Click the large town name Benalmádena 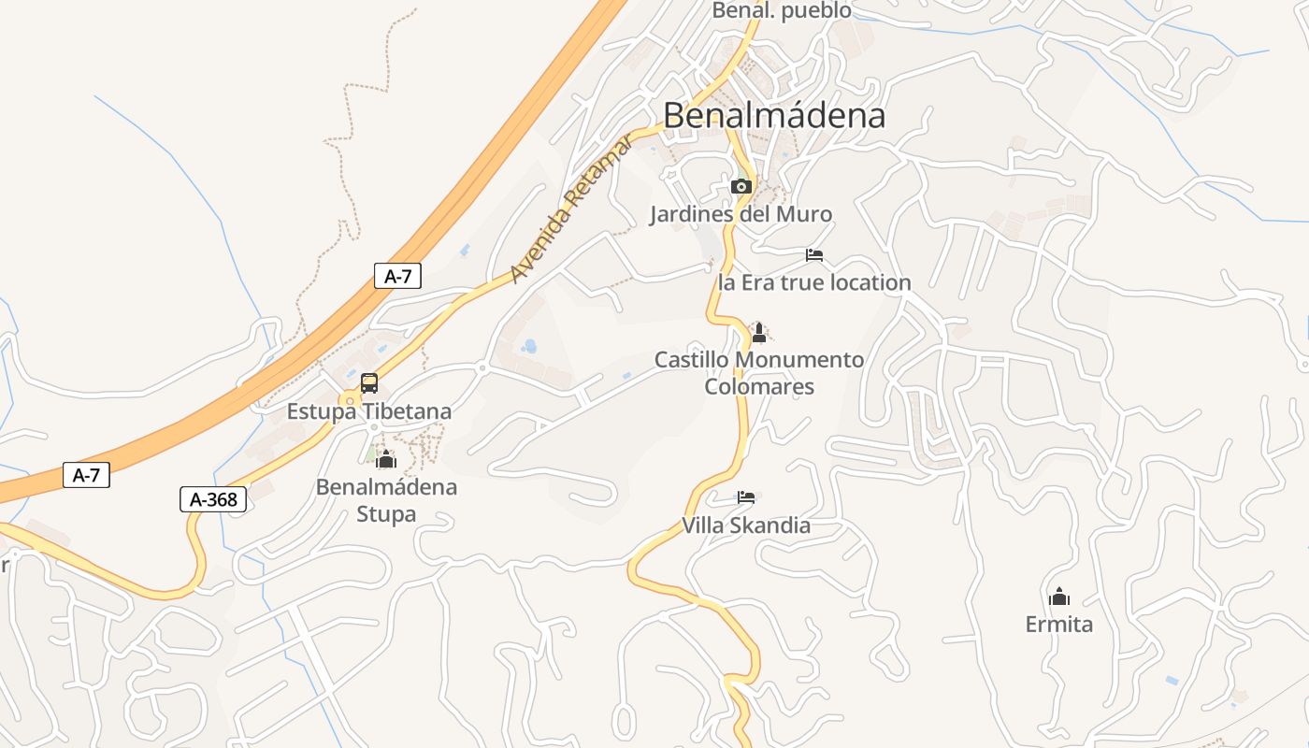pos(773,115)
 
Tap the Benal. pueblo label pos(782,11)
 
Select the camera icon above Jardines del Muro pos(741,186)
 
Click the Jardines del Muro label pos(741,214)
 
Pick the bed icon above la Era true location pos(814,254)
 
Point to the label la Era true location pos(813,282)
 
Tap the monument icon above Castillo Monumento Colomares pos(759,332)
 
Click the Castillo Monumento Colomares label pos(759,373)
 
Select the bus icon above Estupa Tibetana pos(369,383)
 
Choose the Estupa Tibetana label pos(368,411)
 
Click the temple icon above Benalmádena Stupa pos(386,459)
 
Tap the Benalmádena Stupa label pos(386,500)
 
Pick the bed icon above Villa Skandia pos(746,497)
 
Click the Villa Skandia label pos(746,525)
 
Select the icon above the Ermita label pos(1059,596)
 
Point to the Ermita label pos(1059,624)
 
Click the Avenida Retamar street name pos(572,206)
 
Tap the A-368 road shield pos(213,500)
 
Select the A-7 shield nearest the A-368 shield pos(86,475)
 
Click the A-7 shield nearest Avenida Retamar pos(398,276)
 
